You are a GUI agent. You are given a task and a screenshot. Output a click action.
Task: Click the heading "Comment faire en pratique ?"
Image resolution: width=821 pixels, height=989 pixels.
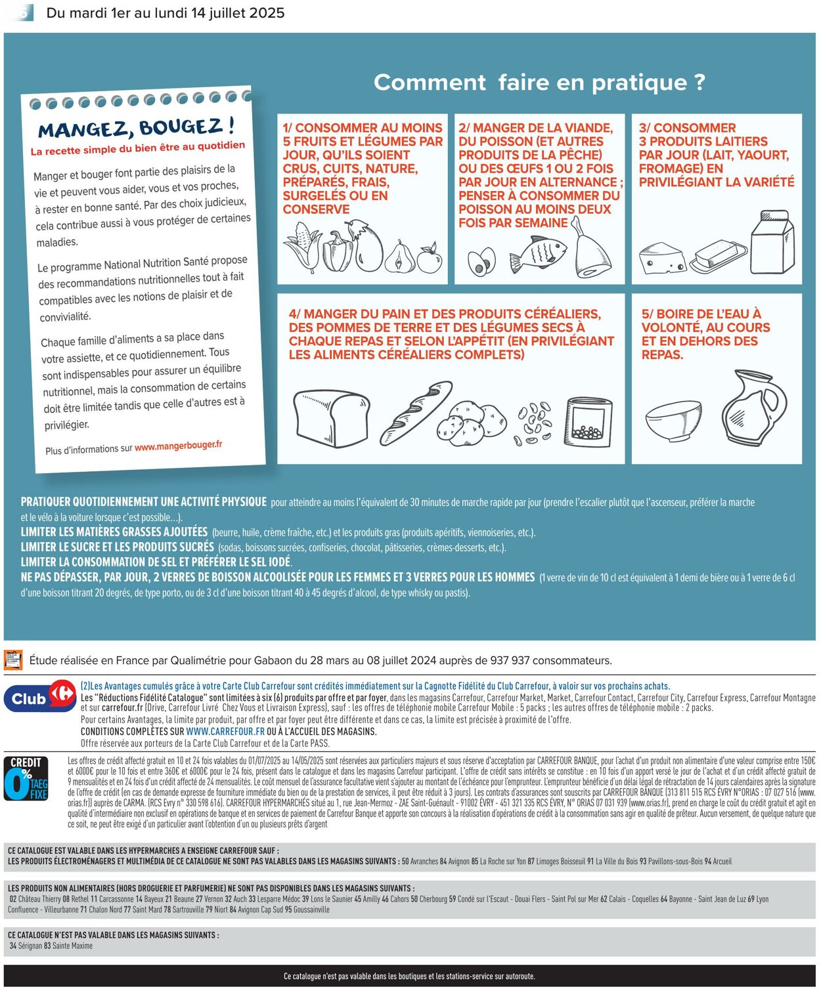tap(539, 83)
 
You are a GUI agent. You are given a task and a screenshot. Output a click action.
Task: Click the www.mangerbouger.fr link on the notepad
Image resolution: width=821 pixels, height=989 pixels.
tap(178, 446)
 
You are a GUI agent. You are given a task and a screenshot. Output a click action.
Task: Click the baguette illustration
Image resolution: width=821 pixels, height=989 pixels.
tap(416, 413)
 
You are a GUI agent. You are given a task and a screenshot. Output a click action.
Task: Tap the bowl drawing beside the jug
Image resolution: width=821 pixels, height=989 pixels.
tap(673, 419)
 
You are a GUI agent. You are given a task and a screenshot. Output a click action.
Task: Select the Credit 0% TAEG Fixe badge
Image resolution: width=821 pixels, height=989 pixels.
tap(26, 779)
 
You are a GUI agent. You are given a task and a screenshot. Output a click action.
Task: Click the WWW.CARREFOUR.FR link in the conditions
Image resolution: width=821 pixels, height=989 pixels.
tap(225, 731)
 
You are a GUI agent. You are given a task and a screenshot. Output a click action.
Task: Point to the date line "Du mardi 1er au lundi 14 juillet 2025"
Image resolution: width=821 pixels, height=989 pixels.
tap(166, 13)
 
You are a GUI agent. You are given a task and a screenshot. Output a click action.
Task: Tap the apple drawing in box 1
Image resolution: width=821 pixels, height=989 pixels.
tap(430, 259)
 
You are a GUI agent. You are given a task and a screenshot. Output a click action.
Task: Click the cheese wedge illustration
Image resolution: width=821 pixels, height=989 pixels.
tap(661, 258)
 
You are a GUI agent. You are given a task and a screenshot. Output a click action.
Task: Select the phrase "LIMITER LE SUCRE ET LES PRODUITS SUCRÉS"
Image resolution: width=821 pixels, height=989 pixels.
tap(118, 547)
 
